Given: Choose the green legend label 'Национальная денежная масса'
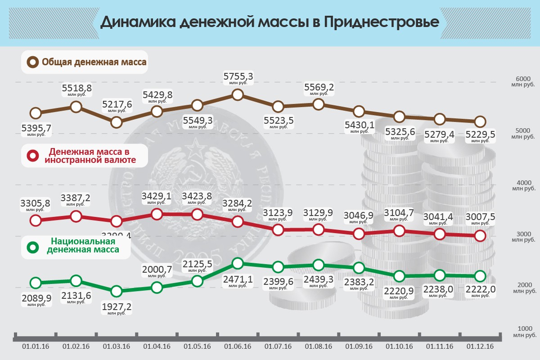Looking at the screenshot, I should [83, 244].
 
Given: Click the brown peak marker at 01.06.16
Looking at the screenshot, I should [238, 94].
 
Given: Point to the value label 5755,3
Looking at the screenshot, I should [238, 77].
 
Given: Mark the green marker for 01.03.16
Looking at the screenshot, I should [117, 291].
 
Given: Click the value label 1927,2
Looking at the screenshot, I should [117, 310].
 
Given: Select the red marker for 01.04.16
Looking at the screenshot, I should [157, 214].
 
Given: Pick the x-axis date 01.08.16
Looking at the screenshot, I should [319, 346].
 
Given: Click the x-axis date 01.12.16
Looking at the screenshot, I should [480, 346].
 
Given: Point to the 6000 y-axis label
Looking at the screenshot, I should [523, 78].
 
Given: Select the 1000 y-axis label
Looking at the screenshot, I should [523, 329].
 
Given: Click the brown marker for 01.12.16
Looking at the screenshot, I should [480, 121].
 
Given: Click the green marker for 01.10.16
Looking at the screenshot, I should [399, 276].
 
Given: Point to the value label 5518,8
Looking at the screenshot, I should [76, 88].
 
